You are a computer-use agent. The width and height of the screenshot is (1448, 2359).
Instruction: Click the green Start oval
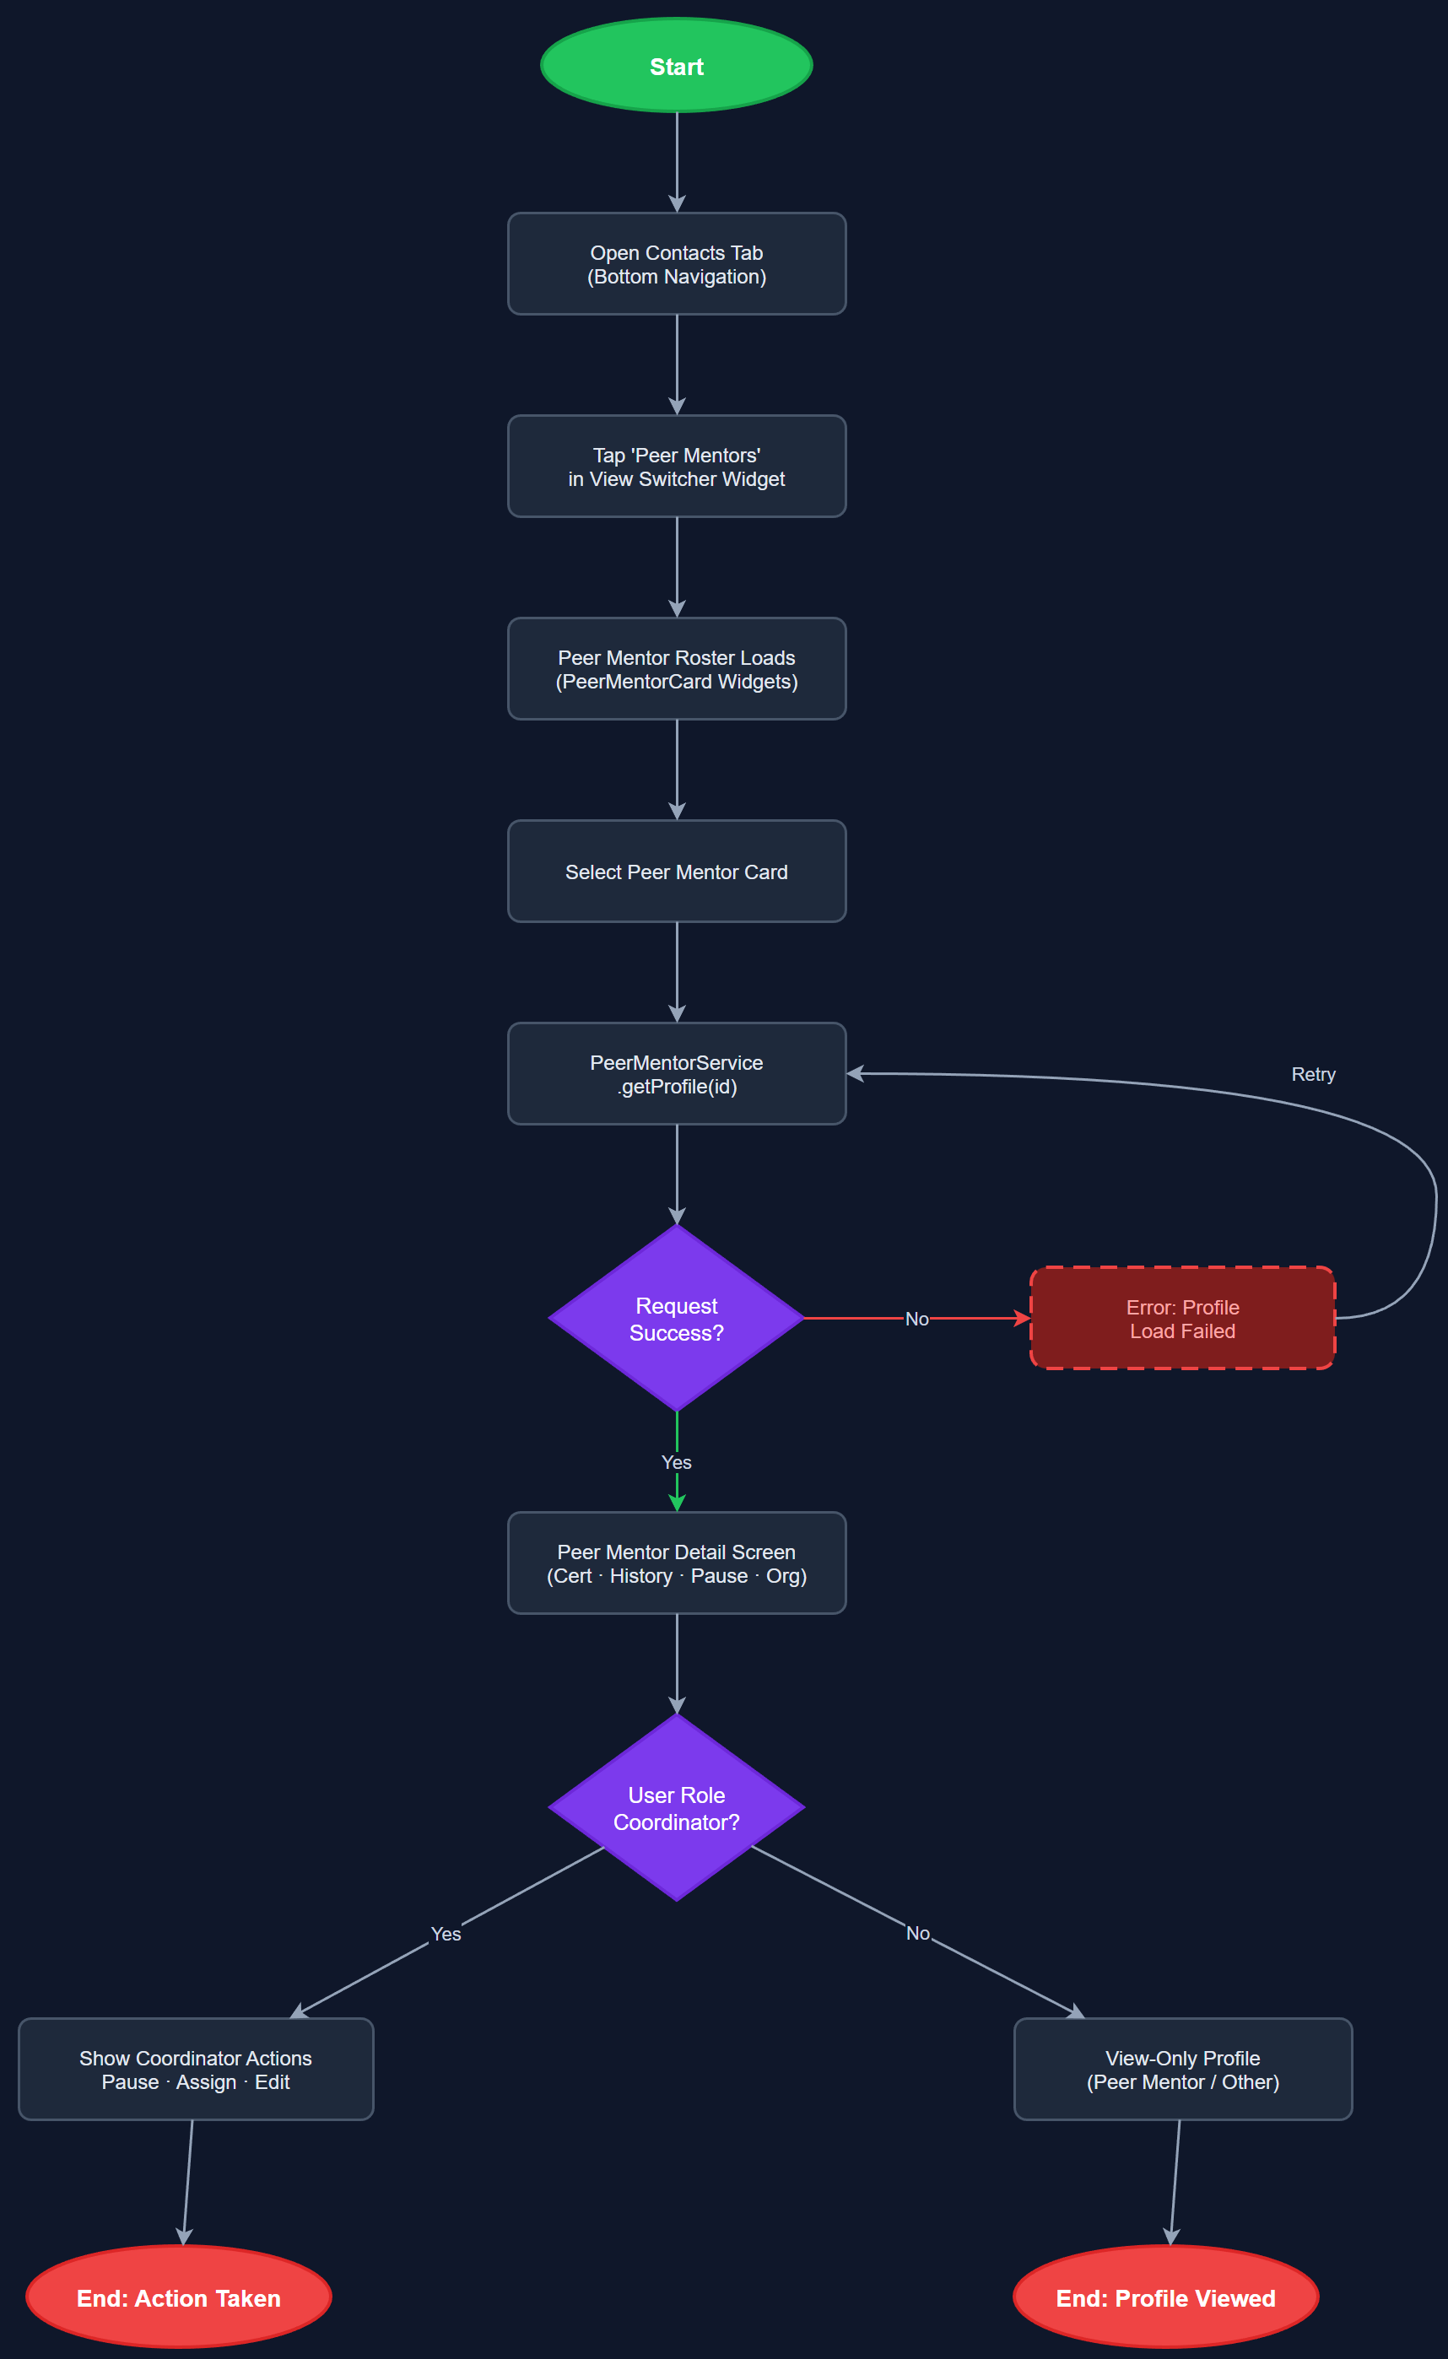tap(676, 65)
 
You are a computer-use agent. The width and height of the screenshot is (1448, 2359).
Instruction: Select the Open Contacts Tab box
tap(676, 263)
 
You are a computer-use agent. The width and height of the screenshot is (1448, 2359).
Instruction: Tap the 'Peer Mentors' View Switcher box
tap(676, 467)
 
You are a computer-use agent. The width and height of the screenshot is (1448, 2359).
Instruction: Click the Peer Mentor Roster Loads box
tap(676, 668)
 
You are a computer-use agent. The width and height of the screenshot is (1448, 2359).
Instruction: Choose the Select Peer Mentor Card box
tap(676, 872)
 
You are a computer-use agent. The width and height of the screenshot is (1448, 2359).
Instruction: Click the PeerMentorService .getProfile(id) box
tap(676, 1073)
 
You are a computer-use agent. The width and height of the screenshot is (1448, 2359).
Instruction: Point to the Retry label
tap(1313, 1074)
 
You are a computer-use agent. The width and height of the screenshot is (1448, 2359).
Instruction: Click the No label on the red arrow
tap(916, 1319)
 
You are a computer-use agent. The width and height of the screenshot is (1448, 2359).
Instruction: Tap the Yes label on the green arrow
tap(676, 1462)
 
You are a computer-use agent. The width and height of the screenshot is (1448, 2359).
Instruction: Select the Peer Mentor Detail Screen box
tap(676, 1563)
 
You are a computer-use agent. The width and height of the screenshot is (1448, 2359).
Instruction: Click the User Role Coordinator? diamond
tap(676, 1807)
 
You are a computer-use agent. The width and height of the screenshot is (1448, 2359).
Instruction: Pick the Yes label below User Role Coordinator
tap(446, 1934)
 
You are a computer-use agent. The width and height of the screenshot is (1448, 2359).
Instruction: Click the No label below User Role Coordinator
tap(917, 1933)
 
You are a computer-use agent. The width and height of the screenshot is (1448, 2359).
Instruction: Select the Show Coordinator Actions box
tap(196, 2069)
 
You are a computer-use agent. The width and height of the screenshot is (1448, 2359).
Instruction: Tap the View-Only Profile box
tap(1183, 2069)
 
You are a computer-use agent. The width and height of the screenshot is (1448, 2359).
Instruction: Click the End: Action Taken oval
tap(179, 2297)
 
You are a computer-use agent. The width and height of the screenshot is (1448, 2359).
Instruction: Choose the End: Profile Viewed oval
tap(1165, 2297)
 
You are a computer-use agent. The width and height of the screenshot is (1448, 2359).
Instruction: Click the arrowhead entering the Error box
tap(1022, 1319)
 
